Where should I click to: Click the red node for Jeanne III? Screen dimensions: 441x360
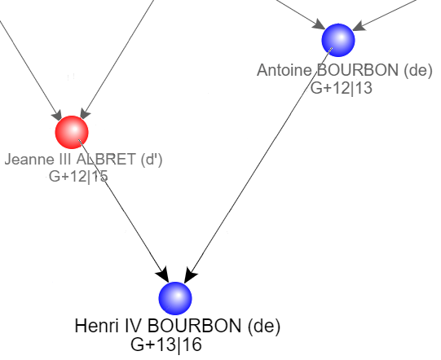pos(72,132)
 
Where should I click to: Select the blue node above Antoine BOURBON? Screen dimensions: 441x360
pos(338,40)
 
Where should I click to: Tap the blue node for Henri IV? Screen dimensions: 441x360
pos(175,298)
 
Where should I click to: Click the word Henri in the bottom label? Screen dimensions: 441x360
pos(96,326)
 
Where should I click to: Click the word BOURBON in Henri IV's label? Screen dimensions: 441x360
pos(194,326)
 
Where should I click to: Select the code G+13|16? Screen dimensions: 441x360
pos(166,345)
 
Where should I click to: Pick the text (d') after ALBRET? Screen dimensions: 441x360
pos(152,160)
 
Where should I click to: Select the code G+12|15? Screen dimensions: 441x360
pos(78,176)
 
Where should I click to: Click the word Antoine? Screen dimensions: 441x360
pos(284,70)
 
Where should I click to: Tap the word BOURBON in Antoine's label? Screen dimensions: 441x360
pos(358,70)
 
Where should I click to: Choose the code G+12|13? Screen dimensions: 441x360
pos(342,88)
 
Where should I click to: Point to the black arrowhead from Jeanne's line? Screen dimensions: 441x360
pos(163,274)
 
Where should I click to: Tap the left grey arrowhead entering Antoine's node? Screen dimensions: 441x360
pos(319,24)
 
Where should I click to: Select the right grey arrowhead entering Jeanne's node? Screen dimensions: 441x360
pos(85,113)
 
